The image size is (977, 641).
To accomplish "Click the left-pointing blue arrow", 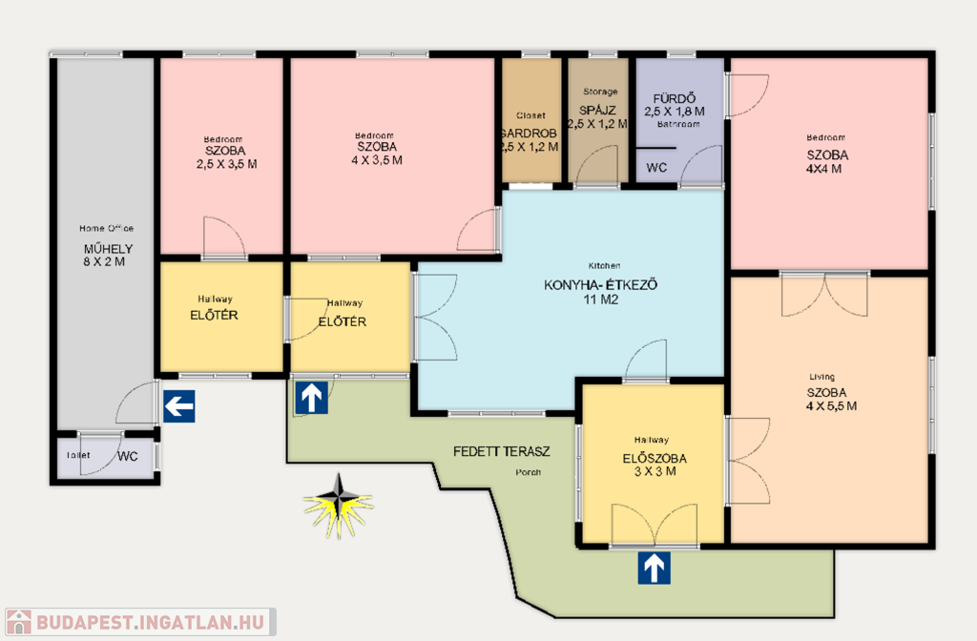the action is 178,406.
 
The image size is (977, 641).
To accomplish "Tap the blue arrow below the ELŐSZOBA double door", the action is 654,569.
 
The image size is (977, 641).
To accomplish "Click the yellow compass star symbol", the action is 339,506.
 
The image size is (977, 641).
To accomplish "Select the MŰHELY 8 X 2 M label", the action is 107,256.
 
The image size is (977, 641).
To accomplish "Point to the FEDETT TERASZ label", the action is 502,451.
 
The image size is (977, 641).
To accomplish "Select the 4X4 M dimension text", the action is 823,169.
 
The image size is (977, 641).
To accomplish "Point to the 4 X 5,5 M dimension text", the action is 831,406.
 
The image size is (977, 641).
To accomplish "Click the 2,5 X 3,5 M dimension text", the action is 226,164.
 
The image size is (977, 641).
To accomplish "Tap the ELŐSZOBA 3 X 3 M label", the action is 655,465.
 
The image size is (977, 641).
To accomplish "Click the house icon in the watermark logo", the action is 18,622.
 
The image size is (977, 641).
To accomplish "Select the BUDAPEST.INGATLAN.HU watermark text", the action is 150,622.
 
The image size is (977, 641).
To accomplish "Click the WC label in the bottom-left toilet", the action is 128,456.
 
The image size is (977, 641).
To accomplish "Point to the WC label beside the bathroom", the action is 656,168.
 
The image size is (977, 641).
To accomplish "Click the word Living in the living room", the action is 821,377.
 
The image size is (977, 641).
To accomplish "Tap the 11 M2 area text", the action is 601,300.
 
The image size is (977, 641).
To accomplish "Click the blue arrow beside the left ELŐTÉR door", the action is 312,398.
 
